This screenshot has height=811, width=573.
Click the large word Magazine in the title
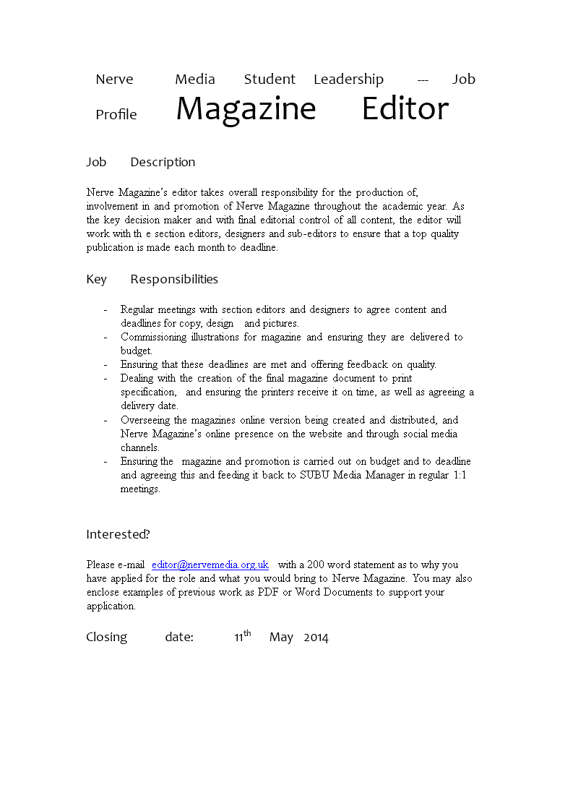pyautogui.click(x=246, y=109)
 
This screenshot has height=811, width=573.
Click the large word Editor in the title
pyautogui.click(x=405, y=109)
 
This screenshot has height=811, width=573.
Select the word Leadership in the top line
pyautogui.click(x=348, y=80)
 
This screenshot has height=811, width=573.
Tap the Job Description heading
pyautogui.click(x=141, y=162)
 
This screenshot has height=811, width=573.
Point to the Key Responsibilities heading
pyautogui.click(x=152, y=279)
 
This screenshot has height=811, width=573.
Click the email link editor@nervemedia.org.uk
pyautogui.click(x=210, y=565)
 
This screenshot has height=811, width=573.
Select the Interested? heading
pyautogui.click(x=118, y=534)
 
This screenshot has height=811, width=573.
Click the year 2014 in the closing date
pyautogui.click(x=316, y=638)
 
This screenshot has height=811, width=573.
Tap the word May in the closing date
pyautogui.click(x=281, y=638)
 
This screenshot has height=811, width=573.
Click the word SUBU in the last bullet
pyautogui.click(x=315, y=475)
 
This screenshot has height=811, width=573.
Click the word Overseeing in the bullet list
pyautogui.click(x=146, y=420)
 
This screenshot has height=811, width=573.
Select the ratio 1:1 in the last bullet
pyautogui.click(x=461, y=475)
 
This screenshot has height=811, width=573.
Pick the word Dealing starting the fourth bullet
pyautogui.click(x=137, y=378)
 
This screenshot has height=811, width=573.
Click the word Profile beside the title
pyautogui.click(x=116, y=115)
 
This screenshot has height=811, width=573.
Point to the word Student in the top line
pyautogui.click(x=270, y=80)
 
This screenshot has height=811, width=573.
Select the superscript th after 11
pyautogui.click(x=247, y=633)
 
